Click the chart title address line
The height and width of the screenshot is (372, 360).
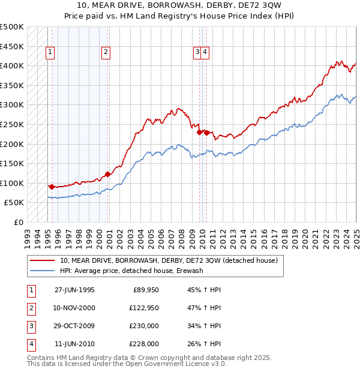coord(180,6)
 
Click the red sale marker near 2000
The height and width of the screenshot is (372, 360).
coord(108,174)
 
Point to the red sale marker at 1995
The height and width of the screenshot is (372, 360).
coord(52,187)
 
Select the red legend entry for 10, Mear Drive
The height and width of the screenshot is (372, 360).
coord(168,261)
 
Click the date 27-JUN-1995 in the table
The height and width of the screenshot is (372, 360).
coord(74,290)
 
